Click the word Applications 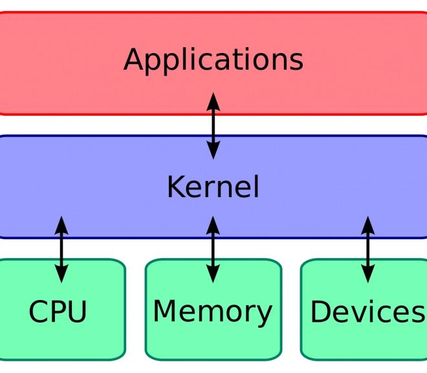[x=213, y=61]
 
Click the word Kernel [x=213, y=187]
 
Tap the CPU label [x=58, y=311]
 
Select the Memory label [x=213, y=312]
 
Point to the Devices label [x=367, y=311]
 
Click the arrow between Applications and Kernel [x=213, y=125]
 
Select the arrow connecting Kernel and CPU [x=61, y=250]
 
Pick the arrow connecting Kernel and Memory [x=213, y=250]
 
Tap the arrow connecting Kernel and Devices [x=368, y=250]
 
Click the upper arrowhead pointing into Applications [x=213, y=101]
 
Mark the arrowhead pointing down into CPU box [x=61, y=274]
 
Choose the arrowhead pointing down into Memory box [x=213, y=274]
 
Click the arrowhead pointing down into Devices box [x=368, y=274]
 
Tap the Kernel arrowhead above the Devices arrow [x=368, y=225]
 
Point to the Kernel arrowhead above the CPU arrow [x=61, y=225]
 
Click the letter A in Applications [x=133, y=59]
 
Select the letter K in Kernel [x=176, y=187]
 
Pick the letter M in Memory [x=164, y=311]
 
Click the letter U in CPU [x=77, y=312]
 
